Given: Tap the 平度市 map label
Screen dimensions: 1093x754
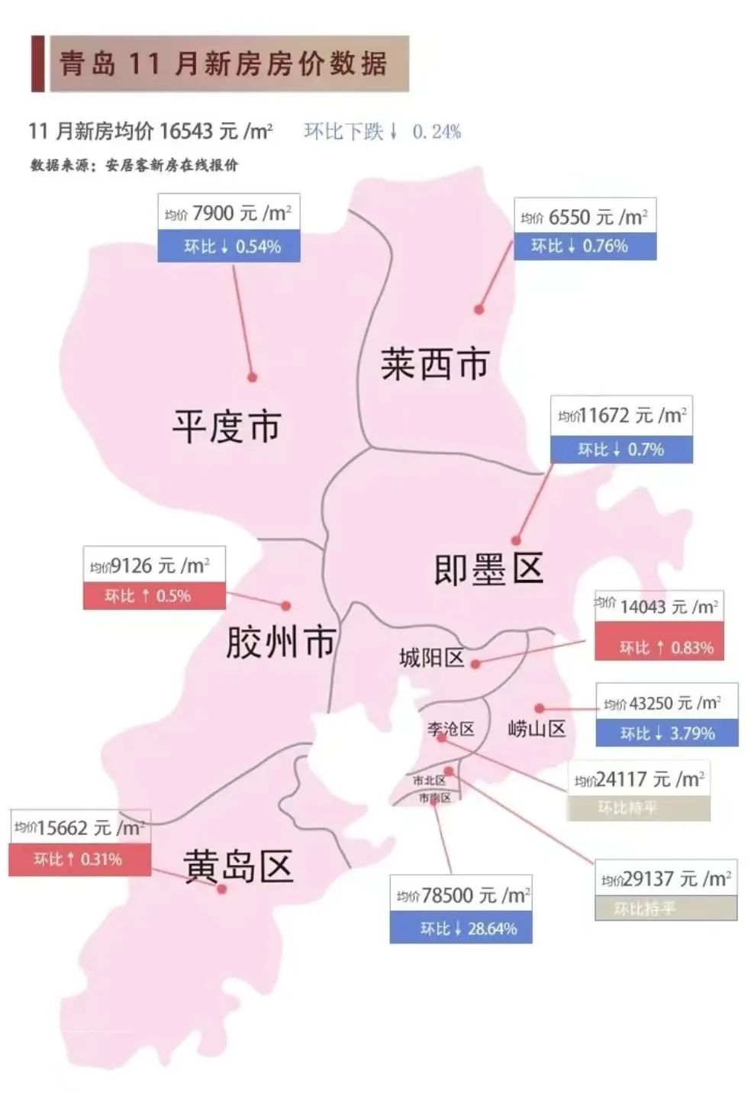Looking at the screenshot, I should pyautogui.click(x=227, y=426).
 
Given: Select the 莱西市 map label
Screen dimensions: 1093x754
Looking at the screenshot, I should pyautogui.click(x=434, y=363).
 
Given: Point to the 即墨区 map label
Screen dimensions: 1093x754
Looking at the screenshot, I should pyautogui.click(x=488, y=569).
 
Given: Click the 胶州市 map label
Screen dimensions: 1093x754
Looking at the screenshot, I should pyautogui.click(x=280, y=641).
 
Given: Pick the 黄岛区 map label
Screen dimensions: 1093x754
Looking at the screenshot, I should pyautogui.click(x=238, y=866).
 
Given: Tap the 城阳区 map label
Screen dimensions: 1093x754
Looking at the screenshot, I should pyautogui.click(x=431, y=657).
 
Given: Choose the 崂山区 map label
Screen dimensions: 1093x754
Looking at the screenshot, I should pyautogui.click(x=536, y=729).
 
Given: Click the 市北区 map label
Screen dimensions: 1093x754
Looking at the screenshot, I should pyautogui.click(x=428, y=780).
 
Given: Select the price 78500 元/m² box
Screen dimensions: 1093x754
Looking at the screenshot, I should pyautogui.click(x=462, y=895).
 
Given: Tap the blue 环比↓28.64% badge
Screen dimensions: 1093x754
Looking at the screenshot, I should pyautogui.click(x=461, y=928).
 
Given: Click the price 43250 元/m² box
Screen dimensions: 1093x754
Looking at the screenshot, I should pyautogui.click(x=666, y=702).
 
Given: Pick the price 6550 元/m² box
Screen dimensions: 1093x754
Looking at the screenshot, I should pyautogui.click(x=585, y=218).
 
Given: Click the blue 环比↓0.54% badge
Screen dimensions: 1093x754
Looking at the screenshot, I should pyautogui.click(x=228, y=247).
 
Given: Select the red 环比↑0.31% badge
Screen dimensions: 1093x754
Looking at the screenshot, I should pyautogui.click(x=79, y=859).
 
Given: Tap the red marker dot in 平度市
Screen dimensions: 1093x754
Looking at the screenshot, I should pyautogui.click(x=252, y=377).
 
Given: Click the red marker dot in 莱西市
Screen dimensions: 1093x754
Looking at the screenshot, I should pyautogui.click(x=478, y=309).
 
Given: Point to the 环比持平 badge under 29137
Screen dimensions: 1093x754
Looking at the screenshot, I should pyautogui.click(x=665, y=908).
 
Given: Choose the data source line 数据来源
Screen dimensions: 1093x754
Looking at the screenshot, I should pyautogui.click(x=134, y=165).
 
